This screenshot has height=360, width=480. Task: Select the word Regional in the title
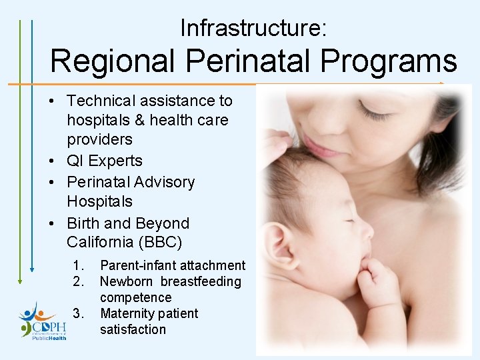(114, 61)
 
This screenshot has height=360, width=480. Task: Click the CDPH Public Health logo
(43, 321)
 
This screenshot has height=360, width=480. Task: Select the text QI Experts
(105, 161)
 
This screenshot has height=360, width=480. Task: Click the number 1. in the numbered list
(79, 265)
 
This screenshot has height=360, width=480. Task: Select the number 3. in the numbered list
(79, 313)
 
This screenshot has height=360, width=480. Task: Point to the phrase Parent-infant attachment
(173, 265)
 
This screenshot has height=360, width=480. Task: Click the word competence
(135, 297)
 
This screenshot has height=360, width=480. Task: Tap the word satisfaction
(133, 329)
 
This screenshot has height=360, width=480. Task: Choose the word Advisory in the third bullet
(164, 182)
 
